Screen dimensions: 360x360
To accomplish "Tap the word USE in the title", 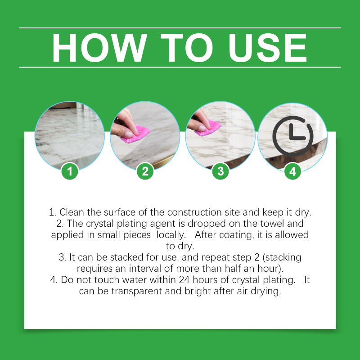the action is (x=268, y=48).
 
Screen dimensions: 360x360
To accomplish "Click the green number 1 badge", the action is (x=70, y=171).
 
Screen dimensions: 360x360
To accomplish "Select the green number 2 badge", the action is (x=145, y=171).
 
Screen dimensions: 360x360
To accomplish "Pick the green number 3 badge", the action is (x=220, y=171).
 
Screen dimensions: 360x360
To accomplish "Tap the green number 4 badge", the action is (x=293, y=171).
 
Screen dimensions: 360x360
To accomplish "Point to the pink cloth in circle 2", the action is (x=135, y=134).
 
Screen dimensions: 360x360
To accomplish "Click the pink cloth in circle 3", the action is (x=208, y=128).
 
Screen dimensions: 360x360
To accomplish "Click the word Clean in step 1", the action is (x=72, y=212).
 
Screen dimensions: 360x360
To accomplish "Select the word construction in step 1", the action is (x=195, y=212).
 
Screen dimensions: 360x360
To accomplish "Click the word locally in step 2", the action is (x=171, y=235).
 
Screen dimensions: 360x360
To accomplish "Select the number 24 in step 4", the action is (x=184, y=280).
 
